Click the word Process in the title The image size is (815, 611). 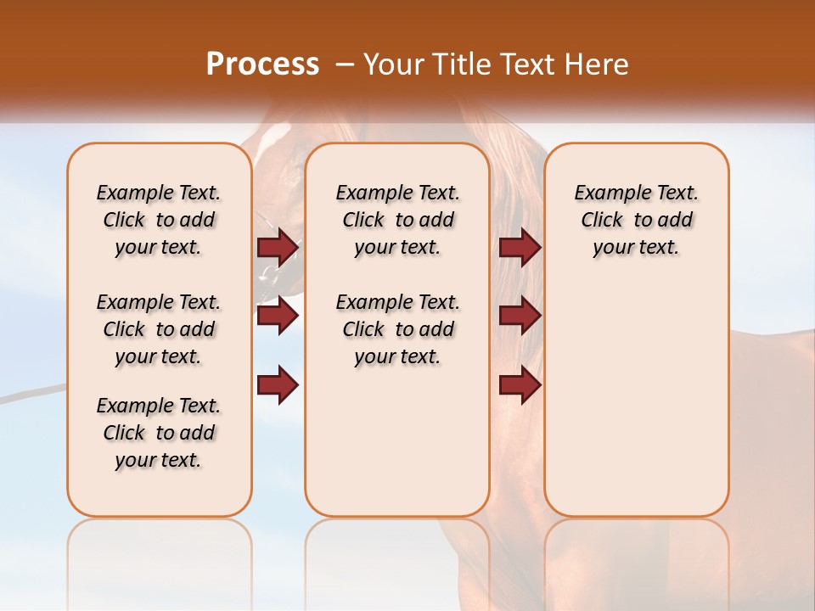click(262, 64)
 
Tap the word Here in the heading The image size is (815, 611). click(598, 64)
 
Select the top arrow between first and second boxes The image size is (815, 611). click(278, 247)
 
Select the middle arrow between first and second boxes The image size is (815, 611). click(278, 316)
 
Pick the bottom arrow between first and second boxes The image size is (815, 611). click(278, 384)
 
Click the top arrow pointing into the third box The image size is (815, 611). click(520, 247)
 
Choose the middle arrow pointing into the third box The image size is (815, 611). click(520, 316)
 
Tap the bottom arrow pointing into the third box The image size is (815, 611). click(520, 384)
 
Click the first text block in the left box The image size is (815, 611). click(159, 220)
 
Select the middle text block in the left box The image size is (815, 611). click(159, 329)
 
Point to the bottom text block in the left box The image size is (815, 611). click(159, 433)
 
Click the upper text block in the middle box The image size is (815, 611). click(397, 220)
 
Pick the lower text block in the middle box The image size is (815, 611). click(397, 329)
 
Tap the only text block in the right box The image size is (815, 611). click(636, 220)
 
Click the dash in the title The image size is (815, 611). click(345, 64)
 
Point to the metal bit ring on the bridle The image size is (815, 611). click(268, 273)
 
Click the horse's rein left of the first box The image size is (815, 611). click(34, 393)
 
